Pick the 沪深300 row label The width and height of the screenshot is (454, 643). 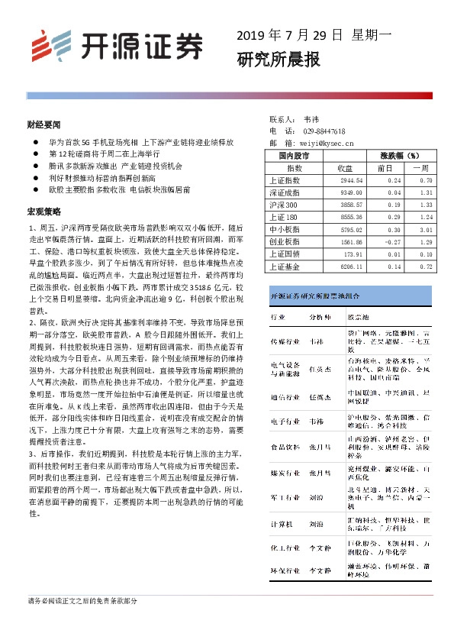[284, 205]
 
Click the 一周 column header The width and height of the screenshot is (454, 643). [421, 168]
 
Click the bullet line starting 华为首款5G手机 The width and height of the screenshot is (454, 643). [140, 142]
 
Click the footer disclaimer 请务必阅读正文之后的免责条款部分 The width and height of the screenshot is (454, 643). [82, 601]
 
